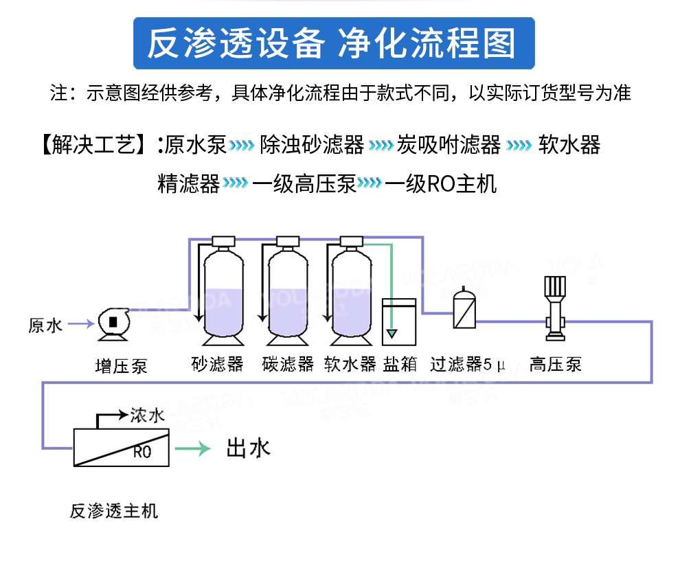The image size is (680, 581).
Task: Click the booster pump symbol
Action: coord(112,323)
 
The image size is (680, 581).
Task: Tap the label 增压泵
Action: coord(121,365)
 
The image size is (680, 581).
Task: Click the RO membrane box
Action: coord(121,447)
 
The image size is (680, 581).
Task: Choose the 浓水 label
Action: coord(148,415)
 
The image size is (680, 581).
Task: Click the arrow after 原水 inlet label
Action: coord(80,323)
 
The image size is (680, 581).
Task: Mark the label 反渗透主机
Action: coord(113,512)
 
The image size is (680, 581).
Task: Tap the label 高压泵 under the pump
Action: coord(555,364)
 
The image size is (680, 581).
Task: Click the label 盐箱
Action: coord(400,364)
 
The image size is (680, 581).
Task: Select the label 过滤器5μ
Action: coord(467,364)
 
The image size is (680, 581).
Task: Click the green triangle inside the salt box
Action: coord(392,334)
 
